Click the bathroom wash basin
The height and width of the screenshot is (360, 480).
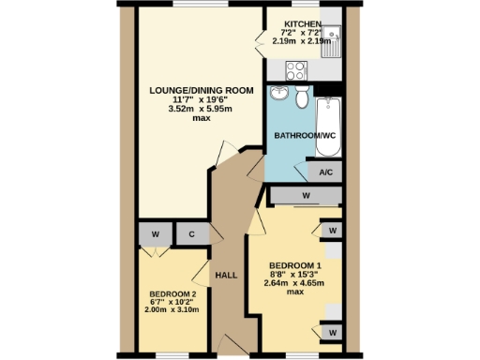tap(278, 94)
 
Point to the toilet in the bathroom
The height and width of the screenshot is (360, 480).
tap(302, 97)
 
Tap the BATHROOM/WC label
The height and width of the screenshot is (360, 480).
tap(304, 137)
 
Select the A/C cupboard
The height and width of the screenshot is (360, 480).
tap(326, 172)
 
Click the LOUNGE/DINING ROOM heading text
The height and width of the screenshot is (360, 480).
tap(201, 90)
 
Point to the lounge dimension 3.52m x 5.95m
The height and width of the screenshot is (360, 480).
tap(201, 109)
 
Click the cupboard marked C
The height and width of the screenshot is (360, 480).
tap(191, 234)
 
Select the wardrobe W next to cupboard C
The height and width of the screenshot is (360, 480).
tap(155, 234)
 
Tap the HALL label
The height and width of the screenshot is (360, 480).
tap(226, 275)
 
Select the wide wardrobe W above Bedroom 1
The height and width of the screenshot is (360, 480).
tap(306, 195)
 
